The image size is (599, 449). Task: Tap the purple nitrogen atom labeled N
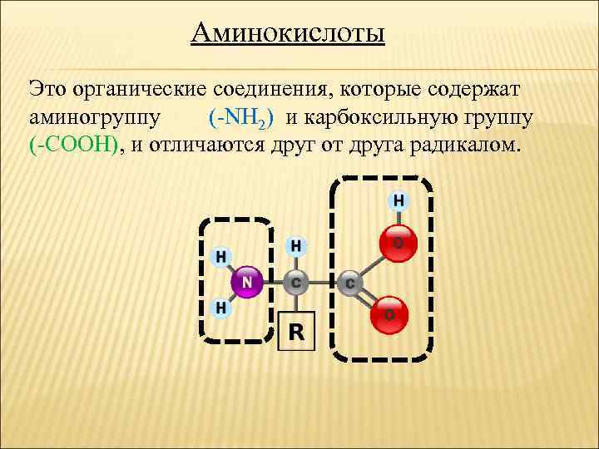pos(246,282)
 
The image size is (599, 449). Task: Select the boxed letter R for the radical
pos(297,333)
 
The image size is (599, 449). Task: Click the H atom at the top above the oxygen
pos(399,200)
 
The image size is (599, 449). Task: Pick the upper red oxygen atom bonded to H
pos(397,243)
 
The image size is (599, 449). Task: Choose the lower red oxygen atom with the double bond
pos(389,313)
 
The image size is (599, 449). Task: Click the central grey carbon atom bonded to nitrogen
pos(296,283)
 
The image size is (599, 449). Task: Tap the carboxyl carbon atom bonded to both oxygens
pos(349,284)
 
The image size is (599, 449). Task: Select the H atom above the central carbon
pos(296,246)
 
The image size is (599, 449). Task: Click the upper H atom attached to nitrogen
pos(221,256)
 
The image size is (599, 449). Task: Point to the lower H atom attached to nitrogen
pos(221,308)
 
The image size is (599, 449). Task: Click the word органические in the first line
pos(166,87)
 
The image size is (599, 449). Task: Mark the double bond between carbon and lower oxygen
pos(369,299)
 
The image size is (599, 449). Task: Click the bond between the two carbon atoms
pos(323,283)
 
